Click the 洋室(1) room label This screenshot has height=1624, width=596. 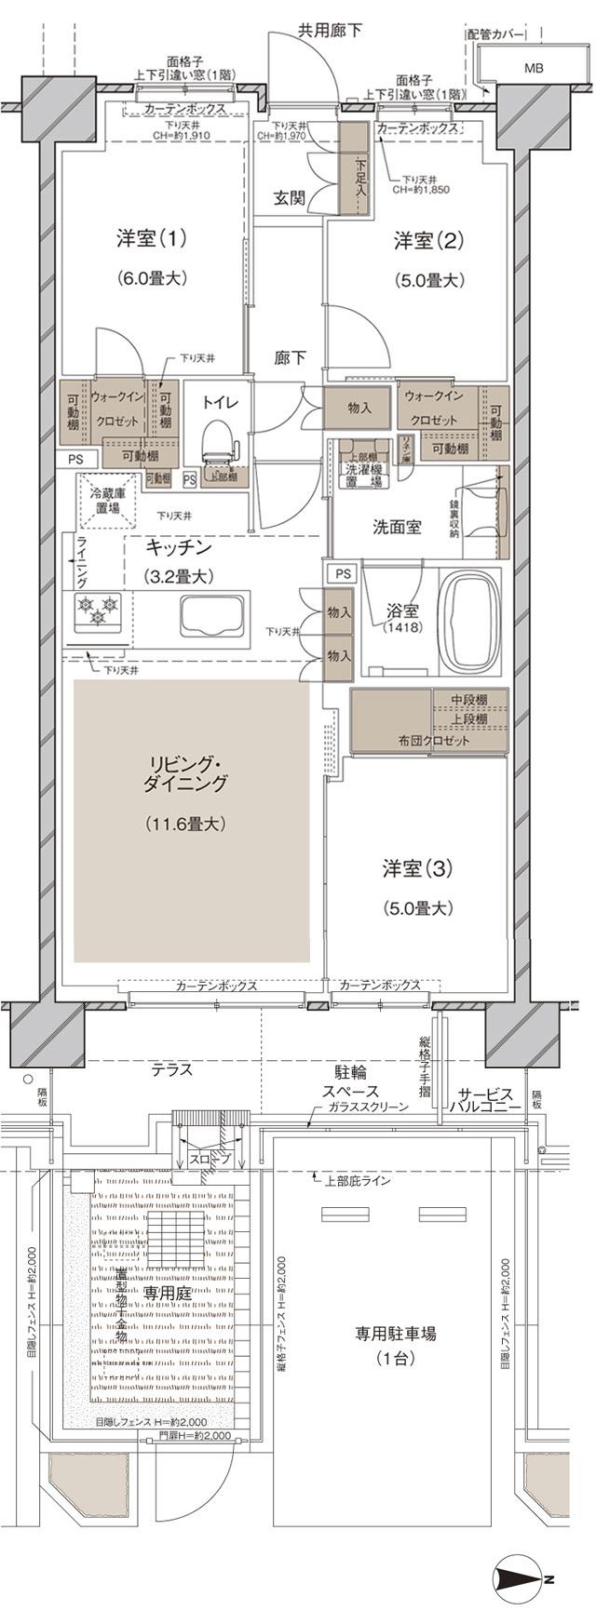[151, 238]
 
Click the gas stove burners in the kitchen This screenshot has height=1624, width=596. [97, 611]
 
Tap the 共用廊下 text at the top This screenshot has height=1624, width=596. [329, 31]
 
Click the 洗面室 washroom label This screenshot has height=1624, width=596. [397, 527]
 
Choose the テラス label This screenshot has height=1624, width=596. [172, 1070]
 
